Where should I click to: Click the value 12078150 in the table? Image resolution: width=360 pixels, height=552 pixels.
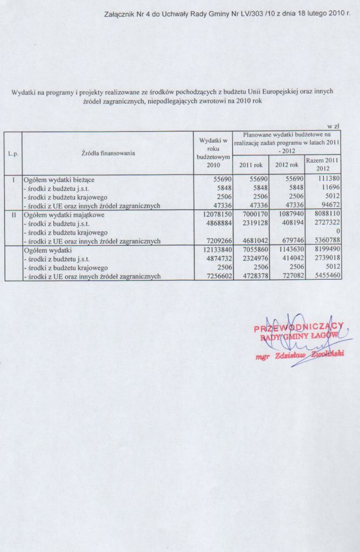pos(216,215)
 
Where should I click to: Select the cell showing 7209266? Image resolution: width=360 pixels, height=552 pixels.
pos(216,241)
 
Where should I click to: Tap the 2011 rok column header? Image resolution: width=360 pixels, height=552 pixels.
pos(251,164)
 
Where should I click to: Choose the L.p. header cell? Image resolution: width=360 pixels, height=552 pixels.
pos(13,154)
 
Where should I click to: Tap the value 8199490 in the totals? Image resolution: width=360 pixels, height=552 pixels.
pos(324,250)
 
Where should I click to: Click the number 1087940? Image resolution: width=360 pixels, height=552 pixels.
pos(288,215)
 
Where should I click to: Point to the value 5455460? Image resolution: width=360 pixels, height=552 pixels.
pos(324,276)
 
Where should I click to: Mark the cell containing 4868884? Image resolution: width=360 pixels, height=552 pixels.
pos(216,223)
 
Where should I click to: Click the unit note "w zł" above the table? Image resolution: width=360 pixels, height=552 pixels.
pos(333,126)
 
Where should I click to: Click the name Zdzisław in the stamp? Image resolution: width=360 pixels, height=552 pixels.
pos(290,355)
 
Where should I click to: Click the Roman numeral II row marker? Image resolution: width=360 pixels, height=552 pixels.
pos(13,215)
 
